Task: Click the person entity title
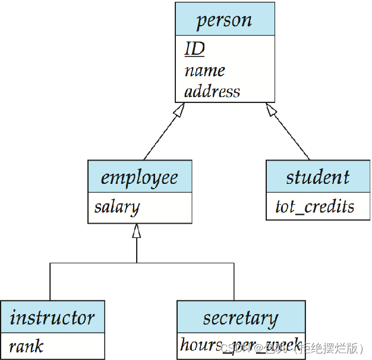click(x=224, y=20)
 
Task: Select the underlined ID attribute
click(x=194, y=49)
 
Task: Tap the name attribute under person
click(x=204, y=70)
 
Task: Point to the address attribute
click(x=212, y=92)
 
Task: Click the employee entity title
click(x=139, y=177)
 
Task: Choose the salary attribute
click(x=117, y=207)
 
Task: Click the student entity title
click(x=317, y=177)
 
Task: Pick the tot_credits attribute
click(x=314, y=206)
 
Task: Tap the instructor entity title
click(x=52, y=317)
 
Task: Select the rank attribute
click(x=26, y=346)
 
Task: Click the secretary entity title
click(x=240, y=318)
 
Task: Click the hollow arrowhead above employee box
click(x=137, y=231)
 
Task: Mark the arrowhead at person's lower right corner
click(x=270, y=109)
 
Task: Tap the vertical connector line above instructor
click(x=50, y=281)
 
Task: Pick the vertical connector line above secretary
click(x=234, y=281)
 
